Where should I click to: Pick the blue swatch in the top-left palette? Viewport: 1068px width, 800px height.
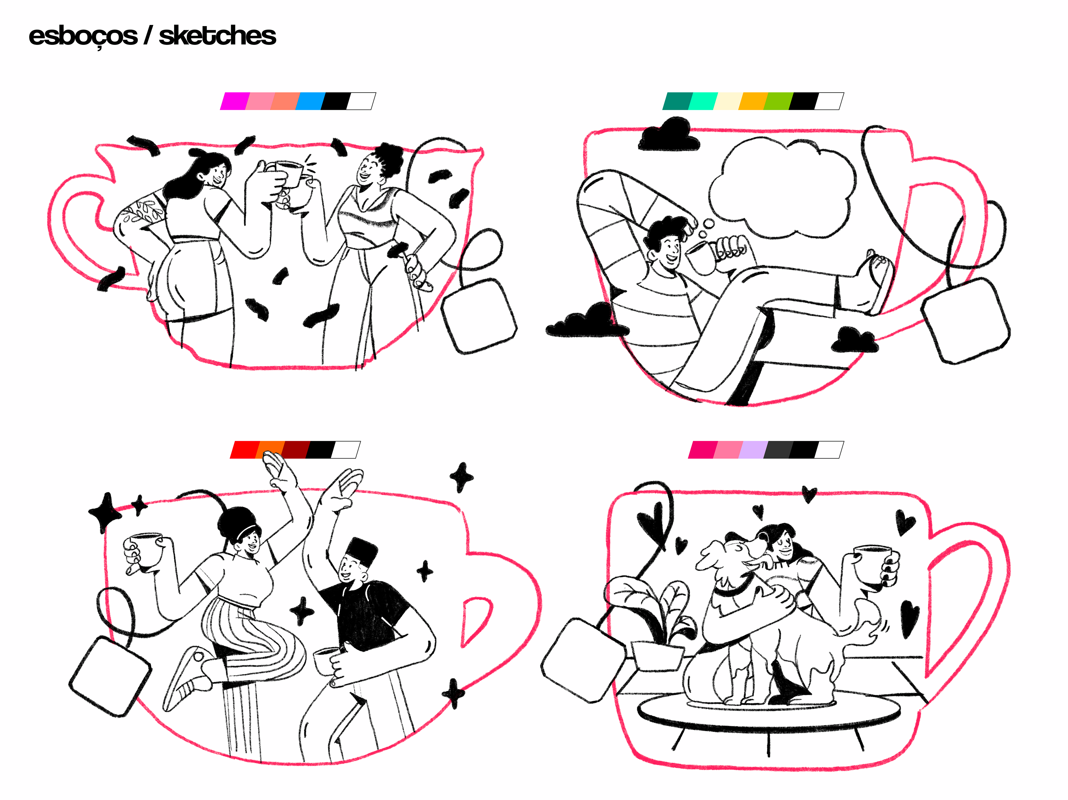click(310, 101)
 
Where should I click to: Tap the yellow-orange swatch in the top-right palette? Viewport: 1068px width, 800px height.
click(754, 101)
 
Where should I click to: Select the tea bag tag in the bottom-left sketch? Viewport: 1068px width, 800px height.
click(110, 676)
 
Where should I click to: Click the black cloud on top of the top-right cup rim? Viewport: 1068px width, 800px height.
click(669, 134)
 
